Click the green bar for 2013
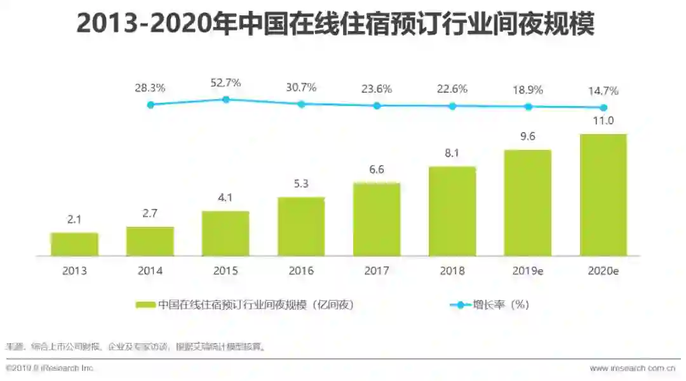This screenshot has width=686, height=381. [74, 244]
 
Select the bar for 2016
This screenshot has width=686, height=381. [301, 227]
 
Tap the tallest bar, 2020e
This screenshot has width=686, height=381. [603, 195]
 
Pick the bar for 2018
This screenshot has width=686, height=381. [452, 211]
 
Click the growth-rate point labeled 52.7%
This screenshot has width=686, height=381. [225, 99]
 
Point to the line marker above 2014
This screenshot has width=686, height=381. [151, 105]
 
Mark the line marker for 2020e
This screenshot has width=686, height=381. [603, 108]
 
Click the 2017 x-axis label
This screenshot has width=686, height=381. [377, 271]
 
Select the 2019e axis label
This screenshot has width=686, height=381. [528, 271]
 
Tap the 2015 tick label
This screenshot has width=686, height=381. [225, 271]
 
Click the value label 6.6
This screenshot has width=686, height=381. [377, 170]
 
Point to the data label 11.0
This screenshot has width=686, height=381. [603, 121]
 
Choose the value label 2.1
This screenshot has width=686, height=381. [74, 220]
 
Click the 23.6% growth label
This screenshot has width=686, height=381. [377, 89]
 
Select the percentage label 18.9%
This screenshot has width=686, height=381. [528, 90]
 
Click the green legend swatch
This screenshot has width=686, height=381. [145, 305]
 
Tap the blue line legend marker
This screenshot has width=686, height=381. [461, 305]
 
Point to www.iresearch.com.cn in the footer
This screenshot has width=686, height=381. [632, 368]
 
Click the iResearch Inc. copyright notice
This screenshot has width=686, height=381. [50, 368]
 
